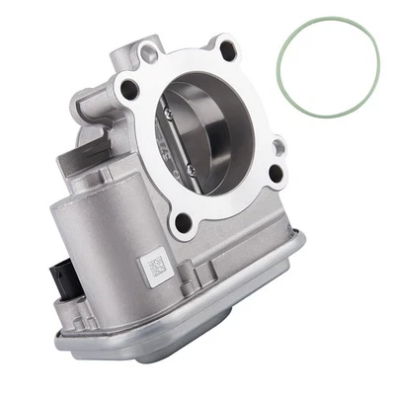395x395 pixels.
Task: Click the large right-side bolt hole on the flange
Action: click(x=276, y=174)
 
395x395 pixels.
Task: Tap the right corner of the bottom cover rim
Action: click(x=301, y=237)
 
